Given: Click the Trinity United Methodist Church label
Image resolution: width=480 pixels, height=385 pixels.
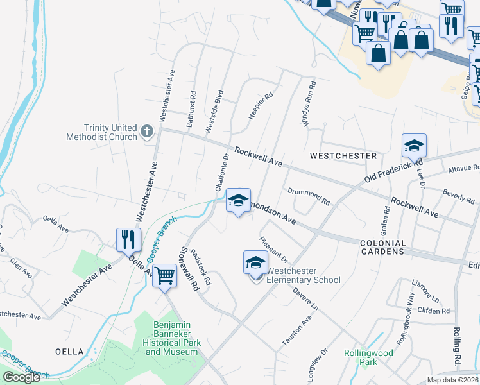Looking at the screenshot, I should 102,132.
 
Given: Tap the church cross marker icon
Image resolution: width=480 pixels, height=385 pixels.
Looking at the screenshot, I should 147,132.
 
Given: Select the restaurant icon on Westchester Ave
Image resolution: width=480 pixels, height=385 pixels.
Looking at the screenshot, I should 128,240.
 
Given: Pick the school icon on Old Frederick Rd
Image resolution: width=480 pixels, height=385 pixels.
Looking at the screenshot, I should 414,146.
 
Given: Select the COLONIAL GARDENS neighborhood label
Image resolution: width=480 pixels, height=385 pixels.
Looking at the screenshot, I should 383,248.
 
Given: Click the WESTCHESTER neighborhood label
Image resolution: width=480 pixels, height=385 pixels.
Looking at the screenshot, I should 343,156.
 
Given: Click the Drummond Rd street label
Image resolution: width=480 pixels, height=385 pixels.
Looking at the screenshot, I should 309,196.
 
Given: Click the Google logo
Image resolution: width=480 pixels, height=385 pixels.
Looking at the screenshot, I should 22,377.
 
